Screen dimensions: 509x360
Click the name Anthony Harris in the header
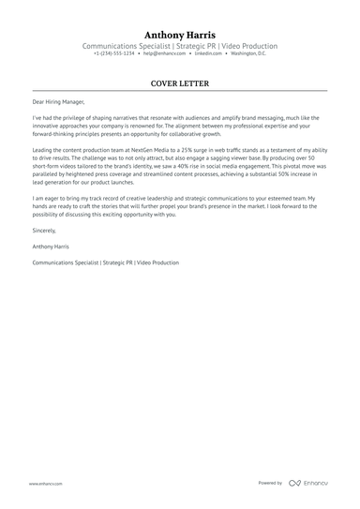pyautogui.click(x=180, y=35)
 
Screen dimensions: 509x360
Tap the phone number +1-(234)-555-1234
pyautogui.click(x=113, y=54)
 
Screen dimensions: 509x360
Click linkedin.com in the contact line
pyautogui.click(x=208, y=54)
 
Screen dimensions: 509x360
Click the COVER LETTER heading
pyautogui.click(x=180, y=83)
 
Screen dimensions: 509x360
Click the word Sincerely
pyautogui.click(x=43, y=230)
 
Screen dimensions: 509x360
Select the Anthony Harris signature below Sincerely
pyautogui.click(x=52, y=247)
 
